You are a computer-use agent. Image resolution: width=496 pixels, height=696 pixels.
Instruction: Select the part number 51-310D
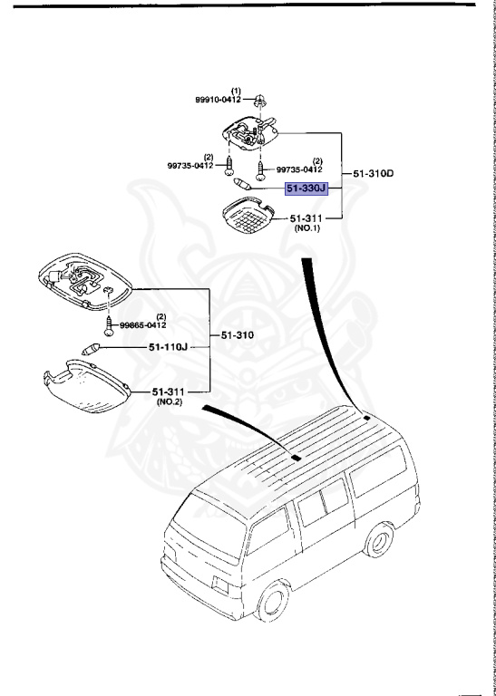[373, 172]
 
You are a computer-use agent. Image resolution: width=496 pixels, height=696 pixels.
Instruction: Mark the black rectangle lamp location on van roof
[294, 458]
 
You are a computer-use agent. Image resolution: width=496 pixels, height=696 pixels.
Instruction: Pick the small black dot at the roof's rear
[364, 418]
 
